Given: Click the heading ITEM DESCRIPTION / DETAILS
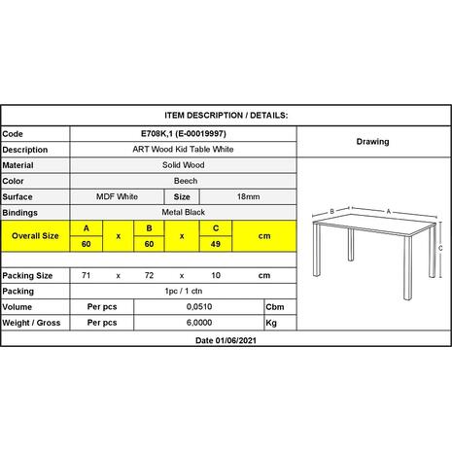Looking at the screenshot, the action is click(x=226, y=115).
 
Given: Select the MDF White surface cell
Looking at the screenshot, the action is click(x=117, y=195).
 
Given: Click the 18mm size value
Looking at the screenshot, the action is click(x=248, y=195).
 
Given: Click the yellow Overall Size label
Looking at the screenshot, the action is click(x=35, y=236).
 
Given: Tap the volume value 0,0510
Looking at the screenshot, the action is click(x=199, y=306).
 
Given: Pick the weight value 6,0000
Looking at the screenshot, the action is click(x=199, y=321).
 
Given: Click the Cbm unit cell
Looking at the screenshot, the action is click(x=275, y=306).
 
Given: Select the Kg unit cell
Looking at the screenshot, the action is click(x=273, y=321).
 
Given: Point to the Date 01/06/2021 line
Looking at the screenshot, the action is click(x=226, y=340).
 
